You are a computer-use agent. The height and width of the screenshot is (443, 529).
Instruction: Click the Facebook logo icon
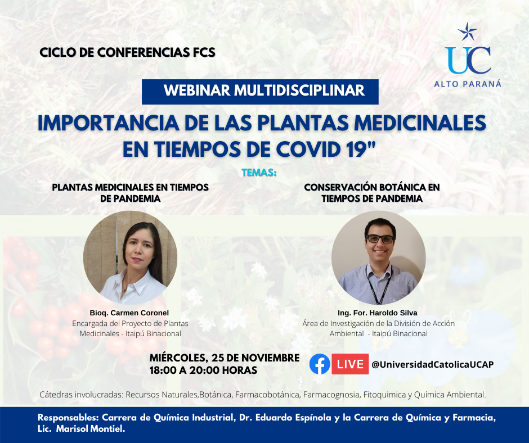(320, 364)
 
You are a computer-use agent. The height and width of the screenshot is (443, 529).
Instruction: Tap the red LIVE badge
(350, 364)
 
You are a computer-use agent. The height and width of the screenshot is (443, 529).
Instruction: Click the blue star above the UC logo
(468, 31)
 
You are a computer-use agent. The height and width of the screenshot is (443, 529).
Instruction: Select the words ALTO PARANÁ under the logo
(468, 84)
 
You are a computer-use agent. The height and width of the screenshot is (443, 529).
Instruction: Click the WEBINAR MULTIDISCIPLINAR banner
(260, 92)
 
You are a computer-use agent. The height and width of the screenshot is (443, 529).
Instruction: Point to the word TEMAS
(259, 173)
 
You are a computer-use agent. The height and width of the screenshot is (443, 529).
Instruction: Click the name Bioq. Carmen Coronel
(129, 313)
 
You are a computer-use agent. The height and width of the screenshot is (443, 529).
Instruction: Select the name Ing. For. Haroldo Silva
(378, 313)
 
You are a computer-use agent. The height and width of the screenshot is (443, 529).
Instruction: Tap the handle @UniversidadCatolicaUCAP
(433, 364)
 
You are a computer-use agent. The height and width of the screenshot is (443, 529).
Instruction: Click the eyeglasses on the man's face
(380, 239)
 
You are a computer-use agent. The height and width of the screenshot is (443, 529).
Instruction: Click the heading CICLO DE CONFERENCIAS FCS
(128, 53)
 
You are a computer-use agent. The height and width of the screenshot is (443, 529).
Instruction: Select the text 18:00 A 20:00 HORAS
(203, 370)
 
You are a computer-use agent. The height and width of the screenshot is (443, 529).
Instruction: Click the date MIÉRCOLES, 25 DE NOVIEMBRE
(225, 358)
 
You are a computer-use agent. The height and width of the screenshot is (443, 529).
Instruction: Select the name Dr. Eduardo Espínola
(285, 417)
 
